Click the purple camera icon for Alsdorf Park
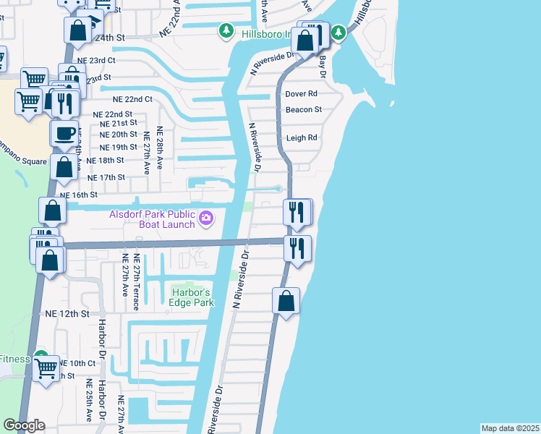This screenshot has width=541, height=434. point(207,218)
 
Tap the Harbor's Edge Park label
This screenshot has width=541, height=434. point(192,297)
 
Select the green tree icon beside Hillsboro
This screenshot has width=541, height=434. point(227,30)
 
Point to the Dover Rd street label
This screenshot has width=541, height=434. point(302,94)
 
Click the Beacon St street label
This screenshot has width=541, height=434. point(303,109)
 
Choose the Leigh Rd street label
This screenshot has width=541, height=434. point(302,137)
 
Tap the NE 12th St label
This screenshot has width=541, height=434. point(67,315)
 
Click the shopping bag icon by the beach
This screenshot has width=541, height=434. point(286,299)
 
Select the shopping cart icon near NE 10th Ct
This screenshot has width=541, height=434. point(46,367)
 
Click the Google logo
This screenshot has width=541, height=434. point(23,425)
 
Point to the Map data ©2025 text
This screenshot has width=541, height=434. point(510,428)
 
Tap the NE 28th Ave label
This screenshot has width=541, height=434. point(160,148)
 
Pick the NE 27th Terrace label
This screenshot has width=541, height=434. point(135,282)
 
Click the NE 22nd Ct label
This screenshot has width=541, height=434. point(132,99)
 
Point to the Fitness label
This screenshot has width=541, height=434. point(14,359)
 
